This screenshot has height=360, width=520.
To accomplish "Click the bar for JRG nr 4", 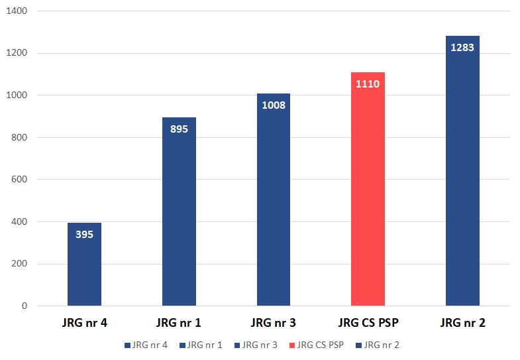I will [x=84, y=265].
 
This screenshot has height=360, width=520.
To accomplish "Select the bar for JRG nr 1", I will [x=179, y=219].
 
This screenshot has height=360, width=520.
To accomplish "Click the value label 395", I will [x=84, y=234].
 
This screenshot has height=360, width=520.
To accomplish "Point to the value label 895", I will [x=179, y=129].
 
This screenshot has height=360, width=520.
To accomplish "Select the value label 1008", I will [x=274, y=105].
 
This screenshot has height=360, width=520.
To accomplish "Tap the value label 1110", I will [x=368, y=84].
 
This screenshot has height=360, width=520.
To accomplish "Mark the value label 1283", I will [x=462, y=47].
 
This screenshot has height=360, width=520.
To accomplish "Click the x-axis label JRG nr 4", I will [x=84, y=324].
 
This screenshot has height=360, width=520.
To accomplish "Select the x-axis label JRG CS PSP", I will [x=368, y=324].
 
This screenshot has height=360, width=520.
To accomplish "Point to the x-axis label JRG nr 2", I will [x=462, y=324].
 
